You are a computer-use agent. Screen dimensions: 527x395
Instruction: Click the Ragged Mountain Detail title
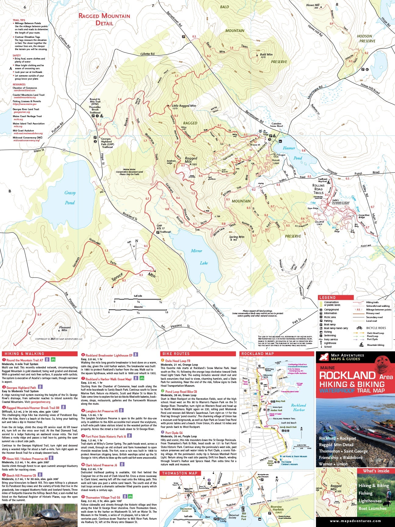click(x=104, y=19)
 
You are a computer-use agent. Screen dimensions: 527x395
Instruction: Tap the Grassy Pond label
click(x=70, y=198)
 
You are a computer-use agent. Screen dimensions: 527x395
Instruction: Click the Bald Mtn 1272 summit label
click(x=266, y=56)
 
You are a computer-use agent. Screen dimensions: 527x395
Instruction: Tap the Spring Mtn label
click(x=237, y=238)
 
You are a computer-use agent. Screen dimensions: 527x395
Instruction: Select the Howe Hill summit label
click(x=313, y=6)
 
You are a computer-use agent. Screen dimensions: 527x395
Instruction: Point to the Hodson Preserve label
click(x=367, y=38)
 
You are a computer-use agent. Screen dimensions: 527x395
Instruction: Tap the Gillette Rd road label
click(x=148, y=54)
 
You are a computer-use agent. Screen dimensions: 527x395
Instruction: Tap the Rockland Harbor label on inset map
click(x=298, y=407)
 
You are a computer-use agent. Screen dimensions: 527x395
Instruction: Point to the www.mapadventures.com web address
click(x=355, y=521)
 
